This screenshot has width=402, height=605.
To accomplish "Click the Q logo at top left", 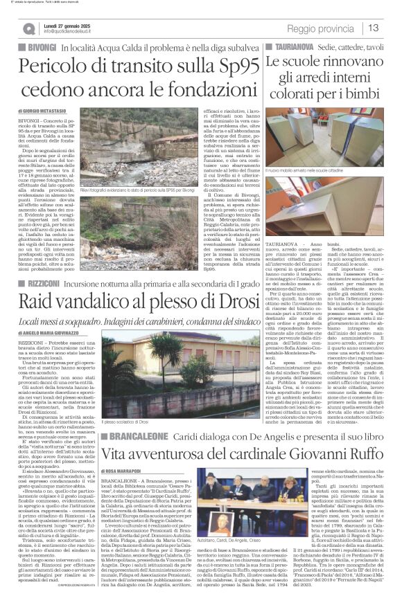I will click(28, 29).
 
